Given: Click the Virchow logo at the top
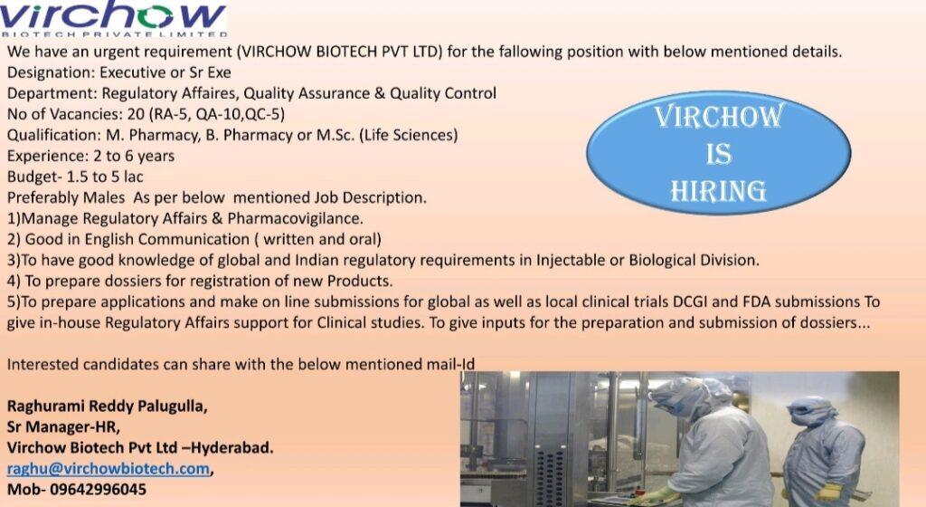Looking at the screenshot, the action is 113,19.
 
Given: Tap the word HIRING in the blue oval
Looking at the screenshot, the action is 718,191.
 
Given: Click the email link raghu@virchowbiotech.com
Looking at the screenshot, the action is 109,469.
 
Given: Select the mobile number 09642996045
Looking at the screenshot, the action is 98,489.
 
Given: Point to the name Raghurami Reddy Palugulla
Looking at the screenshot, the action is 107,407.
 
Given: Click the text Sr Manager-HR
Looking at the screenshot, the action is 63,426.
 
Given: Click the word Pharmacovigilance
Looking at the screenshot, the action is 296,218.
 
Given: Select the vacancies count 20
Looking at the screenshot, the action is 136,113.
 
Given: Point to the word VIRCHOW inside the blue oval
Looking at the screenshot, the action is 719,116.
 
